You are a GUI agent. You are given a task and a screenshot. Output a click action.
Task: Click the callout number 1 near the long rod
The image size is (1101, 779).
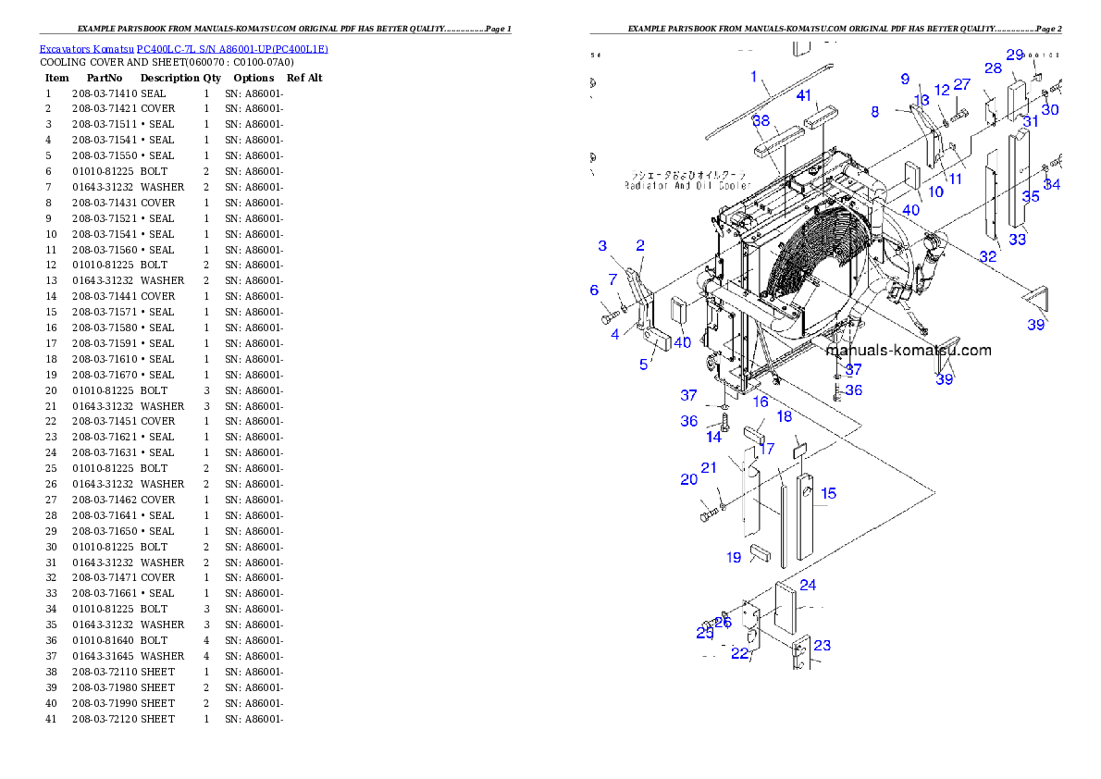point(754,76)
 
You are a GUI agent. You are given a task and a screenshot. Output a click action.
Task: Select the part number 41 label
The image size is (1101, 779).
point(804,96)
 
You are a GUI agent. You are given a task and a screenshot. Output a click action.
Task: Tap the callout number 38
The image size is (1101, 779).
point(761,121)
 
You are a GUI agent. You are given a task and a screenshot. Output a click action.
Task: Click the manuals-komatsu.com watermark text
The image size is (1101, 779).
point(908,351)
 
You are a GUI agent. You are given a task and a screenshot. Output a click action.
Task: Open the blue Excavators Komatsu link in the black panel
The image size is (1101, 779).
point(183,48)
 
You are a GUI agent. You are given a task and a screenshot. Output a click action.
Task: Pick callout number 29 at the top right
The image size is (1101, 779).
point(1015,55)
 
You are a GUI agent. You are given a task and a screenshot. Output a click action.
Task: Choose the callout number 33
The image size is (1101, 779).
point(1018,240)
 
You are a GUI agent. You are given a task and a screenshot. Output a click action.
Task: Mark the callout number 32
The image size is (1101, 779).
point(988,256)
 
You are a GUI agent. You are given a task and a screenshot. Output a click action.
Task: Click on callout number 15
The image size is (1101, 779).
point(828,493)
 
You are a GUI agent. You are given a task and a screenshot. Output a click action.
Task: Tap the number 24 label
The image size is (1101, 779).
point(808,585)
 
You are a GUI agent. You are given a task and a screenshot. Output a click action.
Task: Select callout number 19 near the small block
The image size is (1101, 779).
point(734,558)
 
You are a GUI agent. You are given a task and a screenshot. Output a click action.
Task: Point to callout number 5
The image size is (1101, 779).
point(644,365)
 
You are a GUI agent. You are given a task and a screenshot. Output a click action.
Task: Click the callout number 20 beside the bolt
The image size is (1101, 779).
point(688,479)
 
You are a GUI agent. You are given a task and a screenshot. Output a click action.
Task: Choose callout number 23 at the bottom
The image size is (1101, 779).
point(822,646)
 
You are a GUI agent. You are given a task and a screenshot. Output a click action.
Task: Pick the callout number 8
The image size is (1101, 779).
point(875,112)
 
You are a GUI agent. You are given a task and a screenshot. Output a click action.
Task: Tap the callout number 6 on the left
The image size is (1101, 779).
point(595,291)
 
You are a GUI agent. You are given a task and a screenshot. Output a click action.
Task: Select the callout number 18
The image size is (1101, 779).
point(784,417)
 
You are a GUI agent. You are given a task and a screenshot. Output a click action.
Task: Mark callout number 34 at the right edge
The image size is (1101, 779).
point(1051,185)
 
